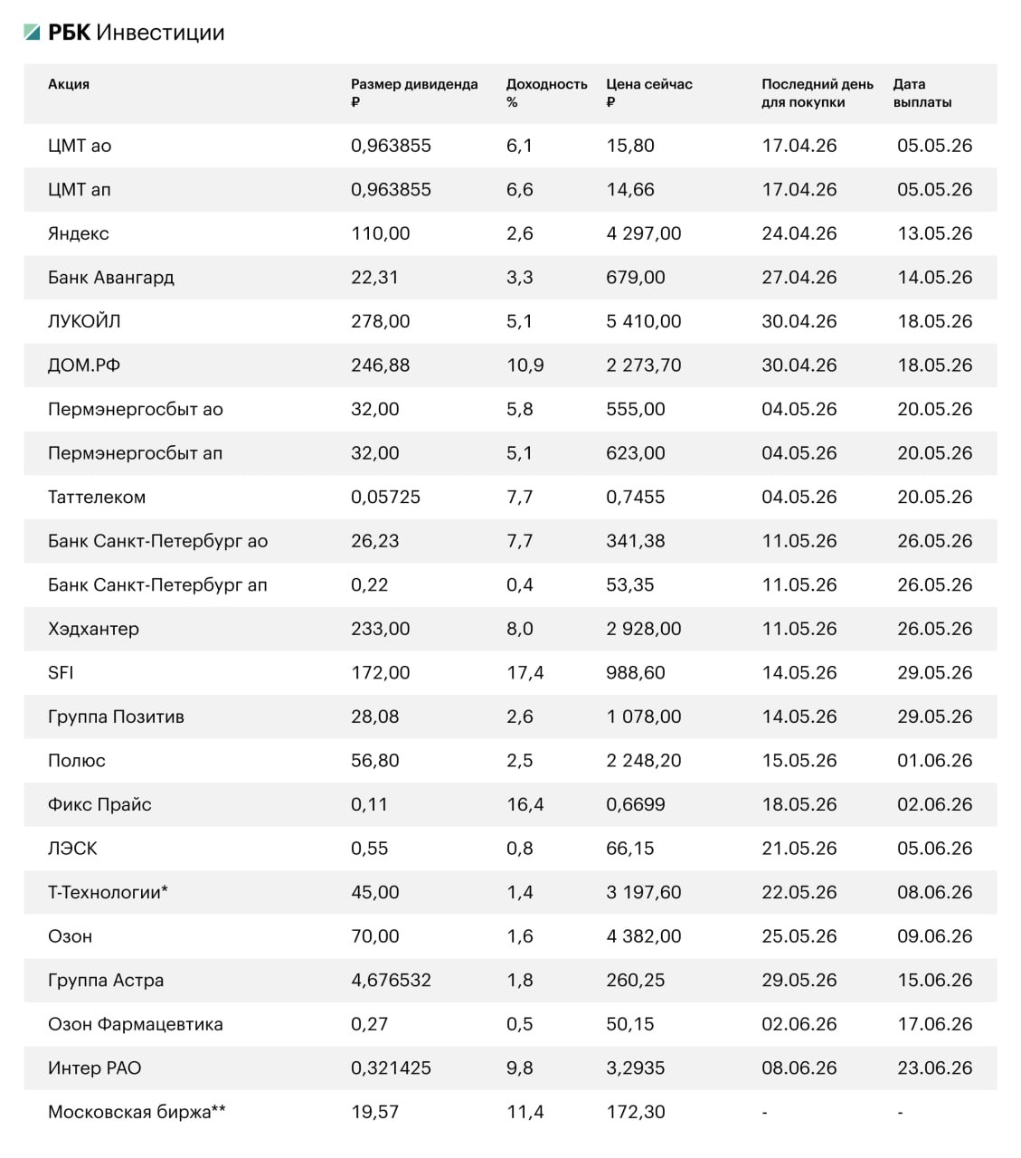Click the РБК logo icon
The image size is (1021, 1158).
[33, 33]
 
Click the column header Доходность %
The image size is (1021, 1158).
[546, 92]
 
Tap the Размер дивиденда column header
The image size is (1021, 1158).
[413, 92]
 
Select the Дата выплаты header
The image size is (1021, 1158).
[922, 92]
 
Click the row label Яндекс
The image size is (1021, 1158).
[79, 233]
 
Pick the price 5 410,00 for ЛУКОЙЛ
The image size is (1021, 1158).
[643, 321]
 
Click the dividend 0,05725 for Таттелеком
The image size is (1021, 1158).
[385, 497]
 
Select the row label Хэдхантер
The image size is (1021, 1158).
[93, 629]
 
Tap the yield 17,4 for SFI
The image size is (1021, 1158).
[525, 673]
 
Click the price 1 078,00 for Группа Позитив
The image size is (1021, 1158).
[643, 717]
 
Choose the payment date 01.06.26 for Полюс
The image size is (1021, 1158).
[934, 761]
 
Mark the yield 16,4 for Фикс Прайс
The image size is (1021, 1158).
[525, 804]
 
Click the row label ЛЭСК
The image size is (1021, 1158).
[72, 849]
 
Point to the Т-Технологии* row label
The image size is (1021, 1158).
[108, 892]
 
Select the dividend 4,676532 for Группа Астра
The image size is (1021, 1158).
[391, 980]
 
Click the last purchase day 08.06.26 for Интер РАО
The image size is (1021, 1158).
[799, 1068]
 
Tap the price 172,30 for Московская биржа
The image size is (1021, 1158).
[635, 1112]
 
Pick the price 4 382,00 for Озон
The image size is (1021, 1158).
[643, 936]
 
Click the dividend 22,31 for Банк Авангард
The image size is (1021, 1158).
[374, 278]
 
